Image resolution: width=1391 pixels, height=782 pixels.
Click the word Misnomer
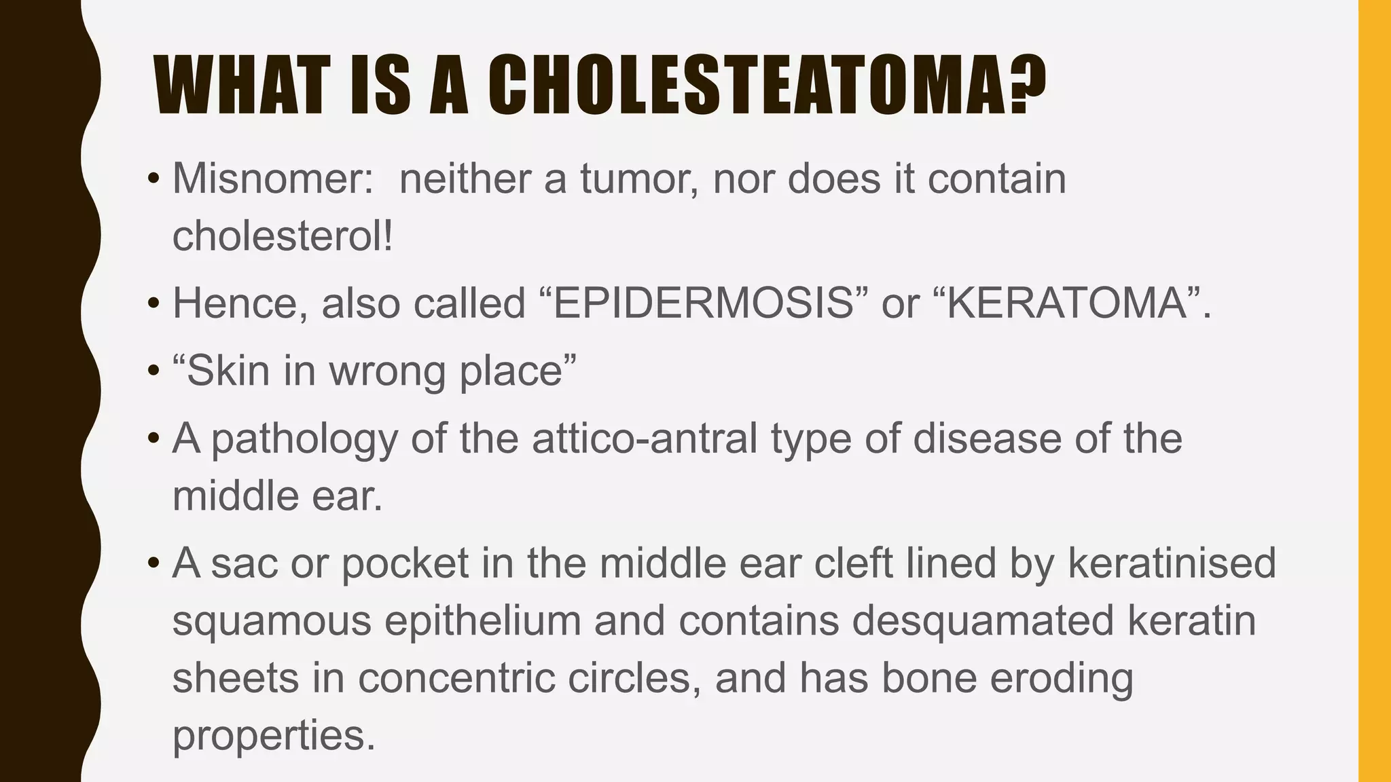coord(272,179)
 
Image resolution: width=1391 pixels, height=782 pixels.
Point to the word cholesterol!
coord(283,237)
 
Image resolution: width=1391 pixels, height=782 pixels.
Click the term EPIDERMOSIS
coord(704,303)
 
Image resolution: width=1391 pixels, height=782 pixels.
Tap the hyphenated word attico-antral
coord(645,439)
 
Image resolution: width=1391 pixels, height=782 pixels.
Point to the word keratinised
coord(1172,563)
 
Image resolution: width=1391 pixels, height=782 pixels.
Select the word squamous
coord(272,621)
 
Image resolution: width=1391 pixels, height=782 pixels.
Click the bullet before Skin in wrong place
coord(154,372)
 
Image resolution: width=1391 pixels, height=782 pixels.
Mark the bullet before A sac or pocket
coord(154,563)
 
